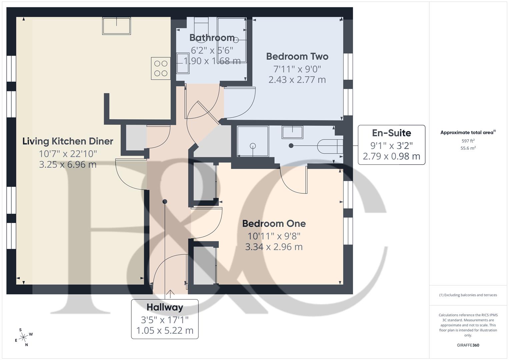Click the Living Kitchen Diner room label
coord(68,141)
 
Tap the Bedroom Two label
coord(297,57)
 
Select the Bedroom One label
coord(274,224)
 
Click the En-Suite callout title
coord(391,133)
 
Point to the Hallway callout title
coord(165,307)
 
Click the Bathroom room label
coord(212,38)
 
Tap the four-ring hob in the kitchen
coord(161,68)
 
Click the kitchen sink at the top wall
coord(116,26)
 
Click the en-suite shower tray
coord(252,141)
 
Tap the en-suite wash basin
coord(292,132)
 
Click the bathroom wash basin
coord(183,63)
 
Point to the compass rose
coord(23,337)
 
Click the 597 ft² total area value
coord(468,141)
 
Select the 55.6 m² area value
coord(468,148)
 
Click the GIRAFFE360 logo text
coord(468,345)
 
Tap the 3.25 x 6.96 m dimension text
coord(68,164)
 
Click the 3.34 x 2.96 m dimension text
coord(274,247)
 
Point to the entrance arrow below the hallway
coord(170,294)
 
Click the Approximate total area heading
coord(468,133)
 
